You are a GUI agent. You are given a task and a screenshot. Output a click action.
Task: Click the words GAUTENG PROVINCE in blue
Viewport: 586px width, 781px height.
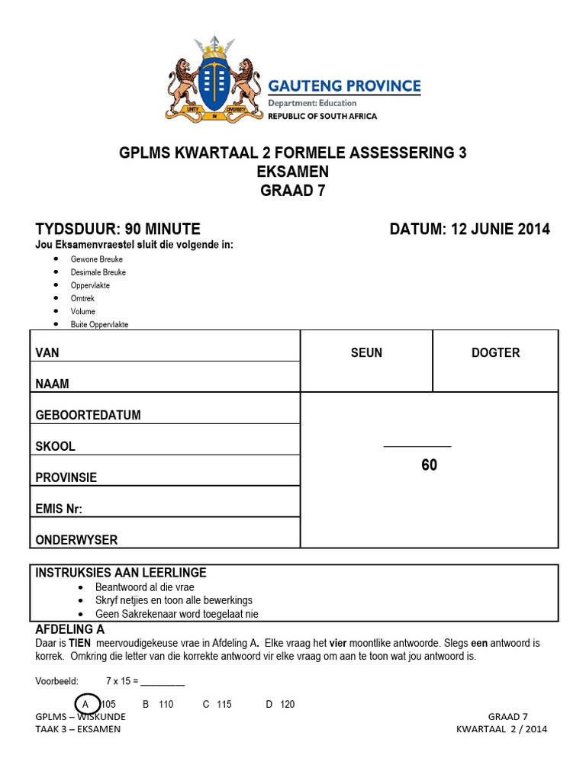pos(343,85)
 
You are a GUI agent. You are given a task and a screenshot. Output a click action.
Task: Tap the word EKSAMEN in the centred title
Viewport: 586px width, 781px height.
pos(293,172)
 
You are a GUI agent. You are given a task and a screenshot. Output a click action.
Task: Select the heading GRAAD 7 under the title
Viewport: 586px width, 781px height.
pos(293,191)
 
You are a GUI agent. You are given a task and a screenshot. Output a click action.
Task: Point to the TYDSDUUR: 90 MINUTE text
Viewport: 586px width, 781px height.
pos(118,229)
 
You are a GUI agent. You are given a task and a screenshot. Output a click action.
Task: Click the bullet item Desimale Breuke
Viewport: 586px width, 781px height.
pos(98,272)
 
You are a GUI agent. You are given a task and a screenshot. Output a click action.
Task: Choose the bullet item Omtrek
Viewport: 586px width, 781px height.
pos(83,298)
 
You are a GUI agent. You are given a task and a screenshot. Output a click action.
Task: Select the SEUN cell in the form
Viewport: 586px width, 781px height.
pos(366,352)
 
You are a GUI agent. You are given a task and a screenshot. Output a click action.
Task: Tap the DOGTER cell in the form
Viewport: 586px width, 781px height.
pos(495,352)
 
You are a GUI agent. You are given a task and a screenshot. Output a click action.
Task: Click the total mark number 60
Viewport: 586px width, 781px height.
pos(430,465)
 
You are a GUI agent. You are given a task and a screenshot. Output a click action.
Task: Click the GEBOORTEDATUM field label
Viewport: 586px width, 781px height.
pos(88,416)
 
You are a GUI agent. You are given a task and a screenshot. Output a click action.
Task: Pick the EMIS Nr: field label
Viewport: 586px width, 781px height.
pos(59,509)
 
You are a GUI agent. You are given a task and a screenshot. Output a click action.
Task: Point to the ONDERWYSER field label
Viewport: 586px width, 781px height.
pos(76,540)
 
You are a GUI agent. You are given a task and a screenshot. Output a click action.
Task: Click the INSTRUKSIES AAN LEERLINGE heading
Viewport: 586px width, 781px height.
pos(121,573)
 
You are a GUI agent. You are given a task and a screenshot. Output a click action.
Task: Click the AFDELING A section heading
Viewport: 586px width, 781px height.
pos(70,630)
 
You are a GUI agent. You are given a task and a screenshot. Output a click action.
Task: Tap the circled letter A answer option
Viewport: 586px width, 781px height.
pos(86,704)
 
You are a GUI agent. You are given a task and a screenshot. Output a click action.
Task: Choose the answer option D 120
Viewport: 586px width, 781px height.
pos(280,705)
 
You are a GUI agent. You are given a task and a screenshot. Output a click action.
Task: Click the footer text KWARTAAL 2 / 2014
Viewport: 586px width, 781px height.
pos(501,729)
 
